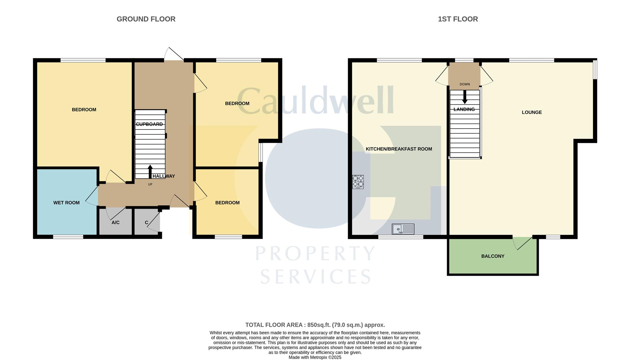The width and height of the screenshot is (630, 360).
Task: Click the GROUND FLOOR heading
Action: (x=146, y=19)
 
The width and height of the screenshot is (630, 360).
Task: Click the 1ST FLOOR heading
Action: (x=458, y=19)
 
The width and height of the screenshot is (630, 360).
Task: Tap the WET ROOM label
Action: (x=66, y=203)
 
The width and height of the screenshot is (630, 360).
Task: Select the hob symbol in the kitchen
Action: (x=358, y=182)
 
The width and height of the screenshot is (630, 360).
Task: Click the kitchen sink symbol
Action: (x=403, y=229)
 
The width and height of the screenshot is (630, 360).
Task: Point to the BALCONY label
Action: (x=493, y=256)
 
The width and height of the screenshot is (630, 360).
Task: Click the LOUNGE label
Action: (x=532, y=112)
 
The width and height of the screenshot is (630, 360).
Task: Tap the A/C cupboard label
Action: (x=116, y=222)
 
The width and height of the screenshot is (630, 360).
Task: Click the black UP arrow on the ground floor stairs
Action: (x=150, y=172)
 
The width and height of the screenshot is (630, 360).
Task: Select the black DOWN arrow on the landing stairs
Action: (x=465, y=97)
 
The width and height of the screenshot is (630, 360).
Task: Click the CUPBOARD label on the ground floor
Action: (x=149, y=124)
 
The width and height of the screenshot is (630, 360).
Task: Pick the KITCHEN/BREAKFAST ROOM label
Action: (x=399, y=149)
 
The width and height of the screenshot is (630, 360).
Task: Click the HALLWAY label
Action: (x=164, y=176)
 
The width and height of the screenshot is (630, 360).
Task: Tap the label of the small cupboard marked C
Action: (x=147, y=222)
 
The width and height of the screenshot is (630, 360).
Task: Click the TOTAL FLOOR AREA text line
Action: (x=315, y=325)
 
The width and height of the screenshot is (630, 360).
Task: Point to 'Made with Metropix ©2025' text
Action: (x=315, y=357)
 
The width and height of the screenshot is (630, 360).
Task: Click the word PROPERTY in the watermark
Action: (x=315, y=254)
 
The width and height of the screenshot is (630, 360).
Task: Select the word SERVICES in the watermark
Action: (x=315, y=277)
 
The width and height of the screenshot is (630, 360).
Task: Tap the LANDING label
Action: (x=464, y=109)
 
